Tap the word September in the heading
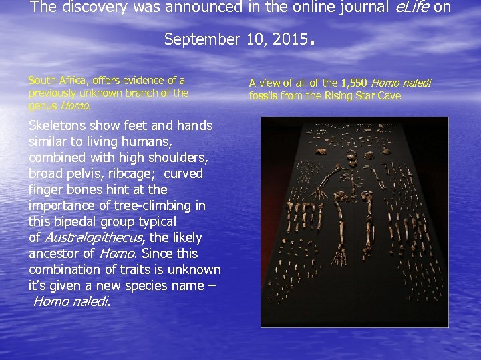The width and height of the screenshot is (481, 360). click(x=194, y=39)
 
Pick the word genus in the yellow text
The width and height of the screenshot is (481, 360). click(x=43, y=105)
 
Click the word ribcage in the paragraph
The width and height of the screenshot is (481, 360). click(x=136, y=173)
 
